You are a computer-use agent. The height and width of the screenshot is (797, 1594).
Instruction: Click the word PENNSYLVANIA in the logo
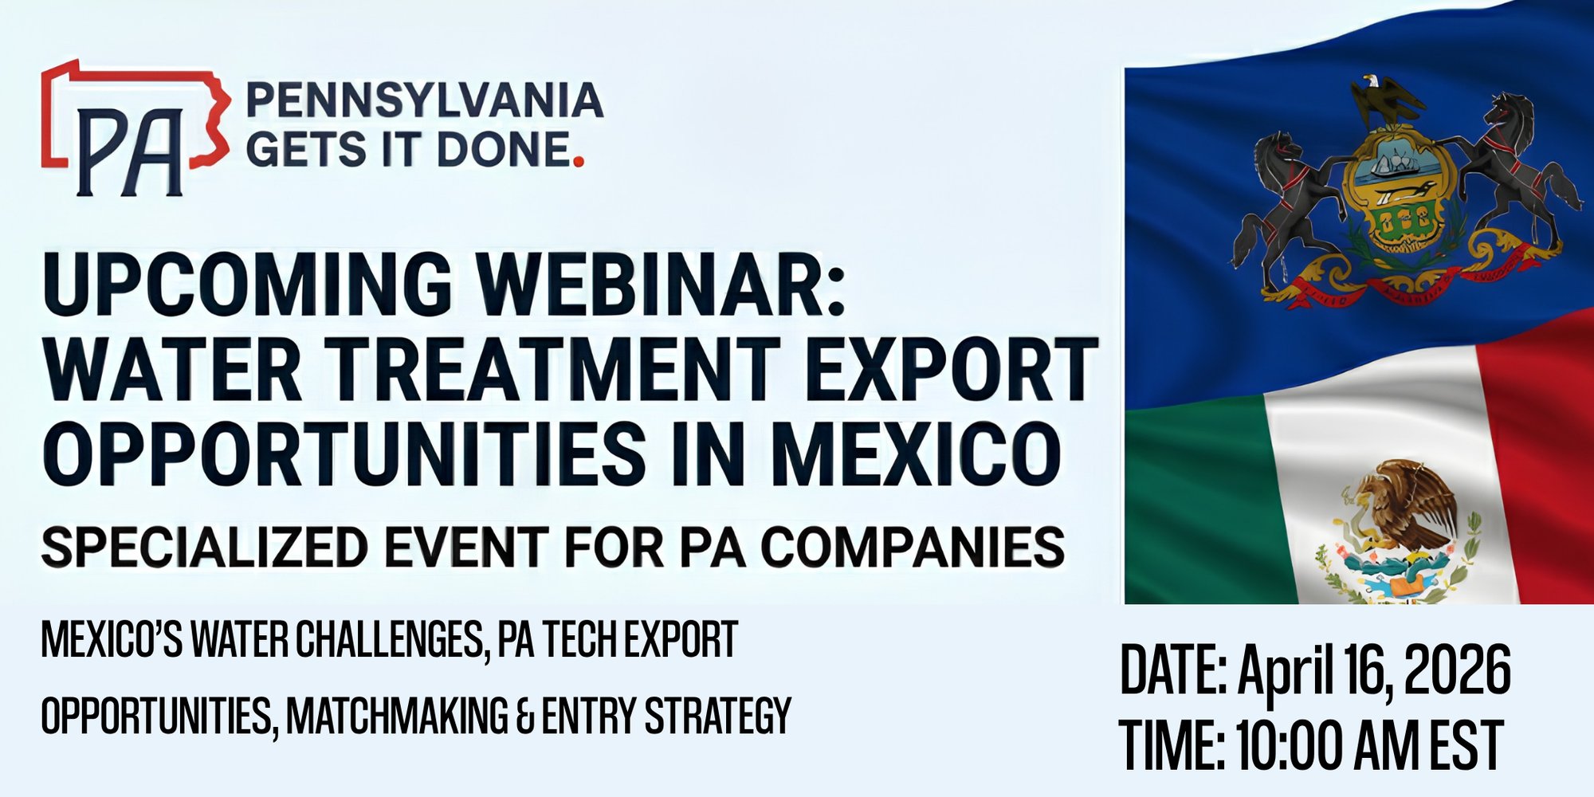(424, 100)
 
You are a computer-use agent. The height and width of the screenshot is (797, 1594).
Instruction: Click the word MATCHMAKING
(397, 716)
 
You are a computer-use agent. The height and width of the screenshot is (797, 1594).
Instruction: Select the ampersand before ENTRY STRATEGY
(525, 716)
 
